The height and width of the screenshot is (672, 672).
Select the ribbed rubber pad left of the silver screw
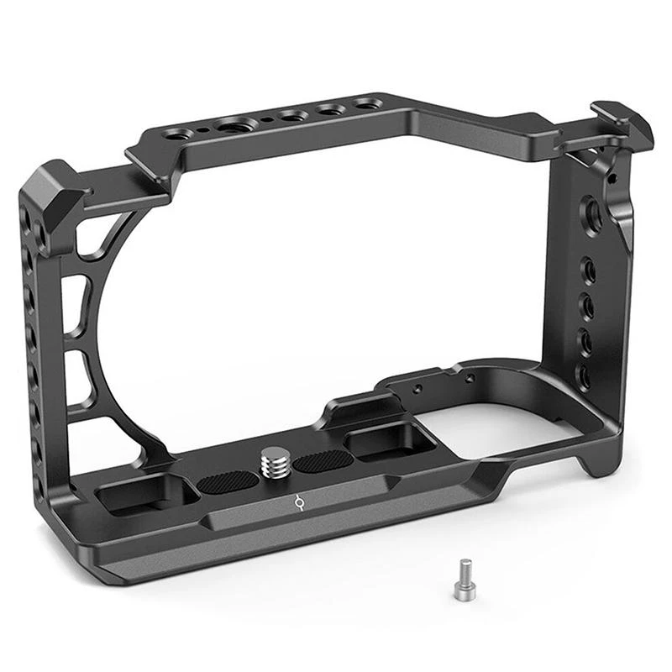coord(229,481)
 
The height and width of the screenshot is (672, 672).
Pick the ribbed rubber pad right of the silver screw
coord(323,460)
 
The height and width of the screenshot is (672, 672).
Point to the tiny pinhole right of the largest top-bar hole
coord(266,120)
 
